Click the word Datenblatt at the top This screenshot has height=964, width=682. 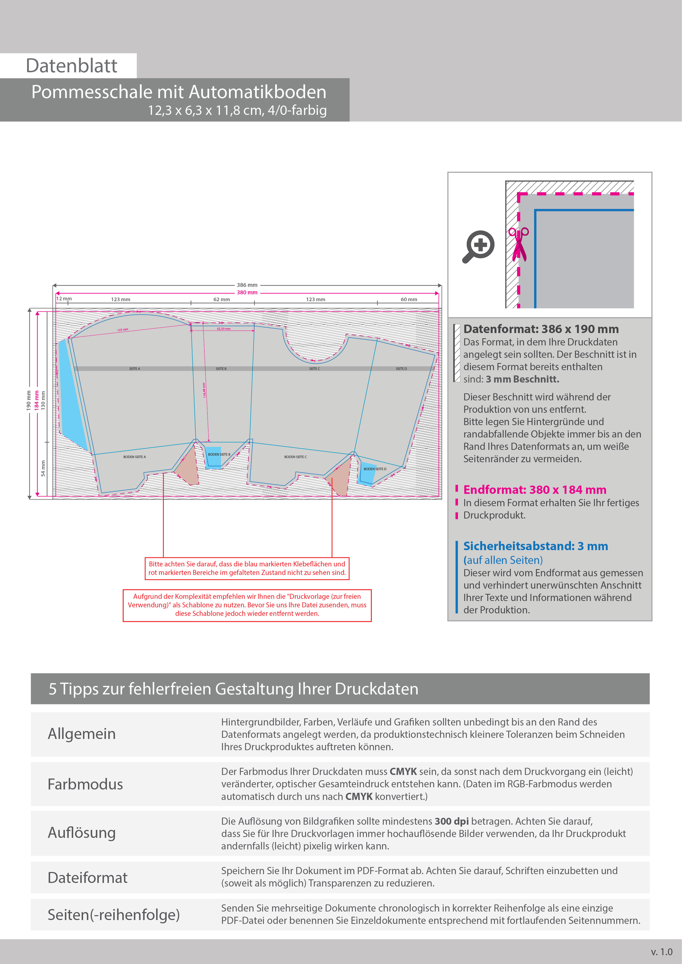(x=71, y=66)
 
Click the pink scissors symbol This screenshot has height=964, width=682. (x=519, y=244)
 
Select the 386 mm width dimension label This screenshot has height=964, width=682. (x=247, y=285)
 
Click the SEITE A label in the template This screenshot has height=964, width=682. (x=134, y=369)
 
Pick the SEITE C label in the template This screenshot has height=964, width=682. (x=314, y=369)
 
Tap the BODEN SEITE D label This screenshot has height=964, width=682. (x=375, y=469)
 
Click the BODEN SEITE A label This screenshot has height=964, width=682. (x=134, y=457)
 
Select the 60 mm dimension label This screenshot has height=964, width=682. (x=408, y=299)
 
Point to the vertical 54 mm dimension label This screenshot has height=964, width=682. (x=43, y=468)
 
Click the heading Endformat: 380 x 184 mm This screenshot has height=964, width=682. (x=535, y=490)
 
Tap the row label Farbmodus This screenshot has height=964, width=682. (x=85, y=784)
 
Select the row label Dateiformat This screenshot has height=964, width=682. (x=87, y=877)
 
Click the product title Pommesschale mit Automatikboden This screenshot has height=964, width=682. (x=178, y=92)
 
